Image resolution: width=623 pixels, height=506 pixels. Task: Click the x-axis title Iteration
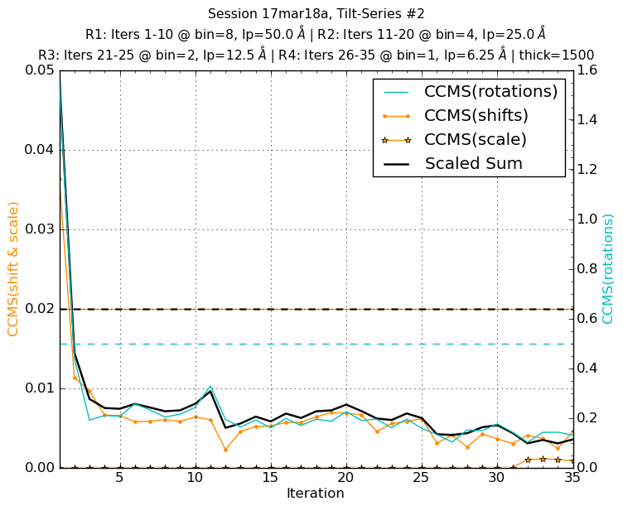coord(315,494)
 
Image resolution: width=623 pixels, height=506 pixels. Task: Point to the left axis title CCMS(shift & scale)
coord(13,268)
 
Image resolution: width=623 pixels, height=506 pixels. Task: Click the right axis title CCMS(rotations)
coord(609,268)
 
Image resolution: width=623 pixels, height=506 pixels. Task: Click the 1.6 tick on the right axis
coord(586,70)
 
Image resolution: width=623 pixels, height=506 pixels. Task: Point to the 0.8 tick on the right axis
coord(586,269)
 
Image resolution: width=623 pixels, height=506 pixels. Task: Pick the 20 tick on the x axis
coord(345,479)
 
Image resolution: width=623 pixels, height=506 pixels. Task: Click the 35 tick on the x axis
coord(572,479)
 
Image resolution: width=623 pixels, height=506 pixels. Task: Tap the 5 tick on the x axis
coord(120,479)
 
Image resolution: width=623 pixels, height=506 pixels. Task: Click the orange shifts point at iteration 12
coord(225,450)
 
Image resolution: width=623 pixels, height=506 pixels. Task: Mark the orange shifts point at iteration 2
coord(75,378)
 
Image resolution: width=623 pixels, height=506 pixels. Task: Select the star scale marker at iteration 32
coord(527,460)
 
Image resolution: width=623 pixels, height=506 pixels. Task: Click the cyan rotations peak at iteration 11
coord(210,386)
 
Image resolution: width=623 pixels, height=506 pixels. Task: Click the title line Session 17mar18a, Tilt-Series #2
coord(316,13)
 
